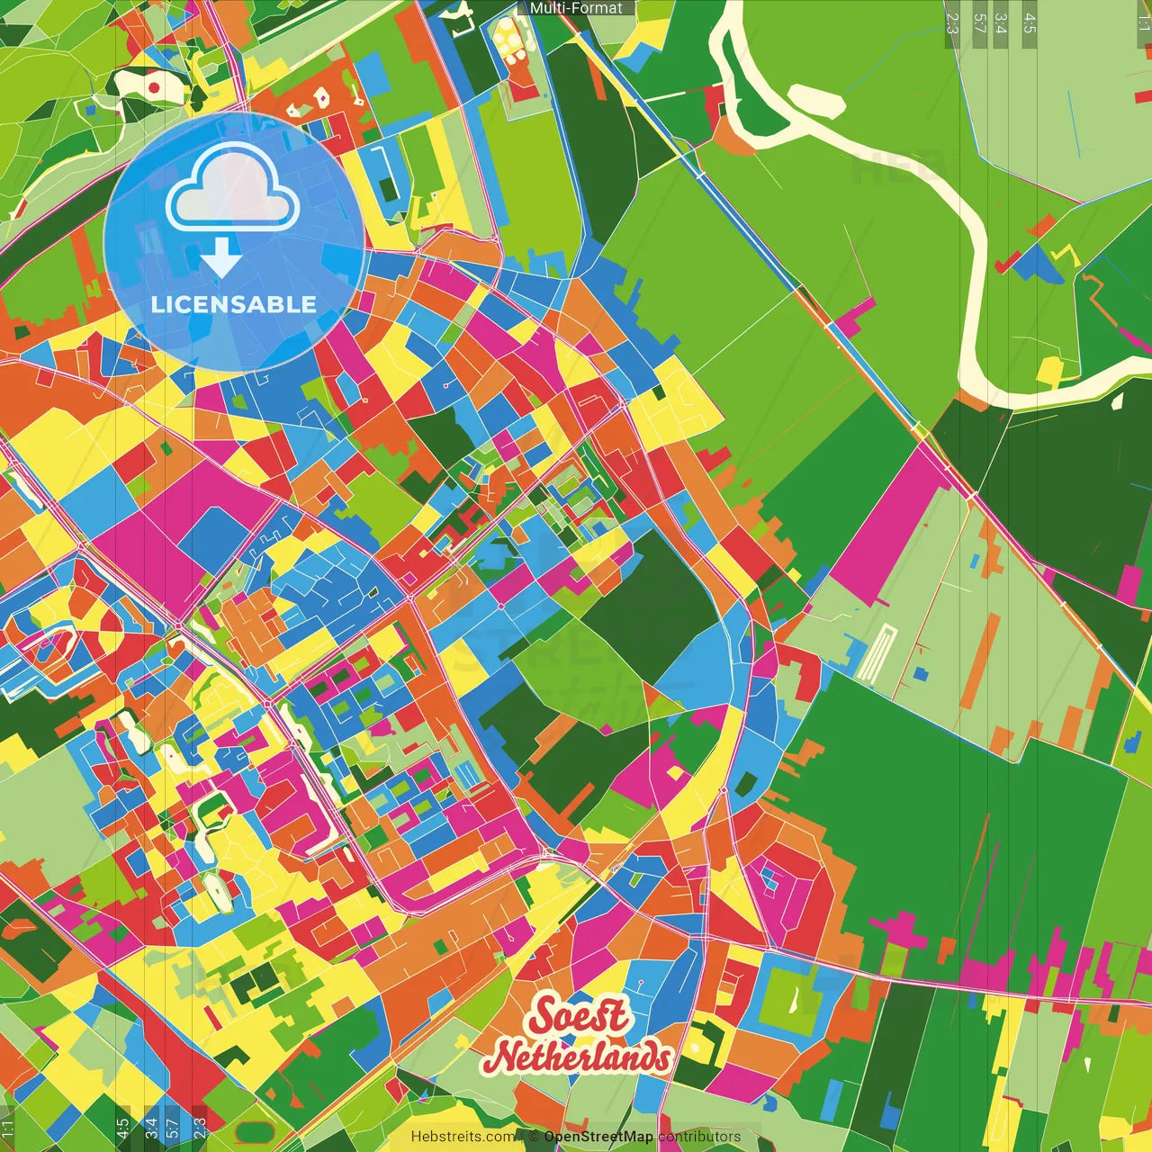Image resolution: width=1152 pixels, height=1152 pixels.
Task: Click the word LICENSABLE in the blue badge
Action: [x=234, y=304]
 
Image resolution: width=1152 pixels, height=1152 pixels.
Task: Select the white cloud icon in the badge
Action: [x=233, y=188]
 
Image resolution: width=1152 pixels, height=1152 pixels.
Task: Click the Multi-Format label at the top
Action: [x=576, y=8]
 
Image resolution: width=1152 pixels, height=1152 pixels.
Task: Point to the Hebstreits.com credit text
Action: [x=463, y=1137]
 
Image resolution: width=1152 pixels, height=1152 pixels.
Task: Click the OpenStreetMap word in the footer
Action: [x=598, y=1137]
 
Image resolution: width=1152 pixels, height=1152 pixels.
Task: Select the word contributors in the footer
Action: [x=699, y=1137]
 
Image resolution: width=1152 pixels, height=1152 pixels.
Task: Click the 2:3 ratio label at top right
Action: [x=952, y=23]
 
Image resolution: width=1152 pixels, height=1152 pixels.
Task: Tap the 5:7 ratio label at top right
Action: [x=979, y=23]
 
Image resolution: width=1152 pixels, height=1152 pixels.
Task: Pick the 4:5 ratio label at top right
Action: [x=1030, y=23]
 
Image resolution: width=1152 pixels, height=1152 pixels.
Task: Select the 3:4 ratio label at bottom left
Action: [x=151, y=1129]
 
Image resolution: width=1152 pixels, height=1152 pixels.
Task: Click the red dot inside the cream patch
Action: [x=154, y=87]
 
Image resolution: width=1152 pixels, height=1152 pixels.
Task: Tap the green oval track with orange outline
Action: [x=255, y=1132]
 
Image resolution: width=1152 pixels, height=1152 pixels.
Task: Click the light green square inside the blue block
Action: [x=790, y=999]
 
